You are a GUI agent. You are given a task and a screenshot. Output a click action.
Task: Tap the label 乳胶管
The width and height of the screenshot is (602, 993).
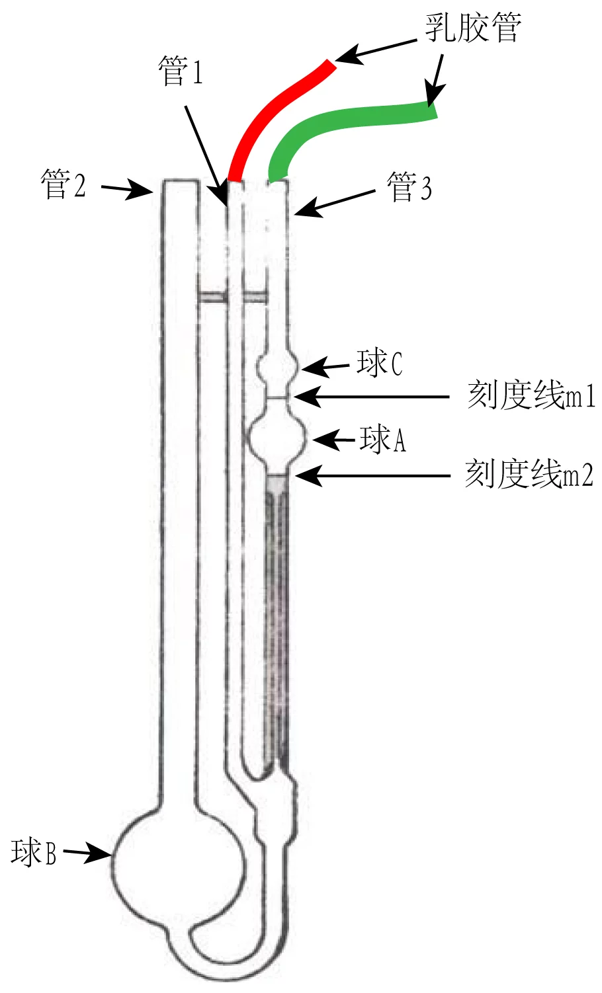473,28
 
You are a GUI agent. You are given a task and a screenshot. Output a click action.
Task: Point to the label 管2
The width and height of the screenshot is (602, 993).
63,184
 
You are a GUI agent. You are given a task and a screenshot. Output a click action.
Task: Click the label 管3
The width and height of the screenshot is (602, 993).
409,187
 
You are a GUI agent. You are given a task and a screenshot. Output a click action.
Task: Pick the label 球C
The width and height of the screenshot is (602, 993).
380,364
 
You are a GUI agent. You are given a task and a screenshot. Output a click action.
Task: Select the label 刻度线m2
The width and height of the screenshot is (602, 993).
529,473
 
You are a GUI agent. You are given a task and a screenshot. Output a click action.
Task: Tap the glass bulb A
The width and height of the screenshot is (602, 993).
276,440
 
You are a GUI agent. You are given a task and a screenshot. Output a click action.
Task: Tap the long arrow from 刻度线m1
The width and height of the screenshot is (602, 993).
372,396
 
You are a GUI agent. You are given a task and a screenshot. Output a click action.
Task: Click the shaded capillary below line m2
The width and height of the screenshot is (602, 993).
277,621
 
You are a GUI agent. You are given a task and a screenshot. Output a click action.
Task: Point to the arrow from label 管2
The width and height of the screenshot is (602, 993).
127,190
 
